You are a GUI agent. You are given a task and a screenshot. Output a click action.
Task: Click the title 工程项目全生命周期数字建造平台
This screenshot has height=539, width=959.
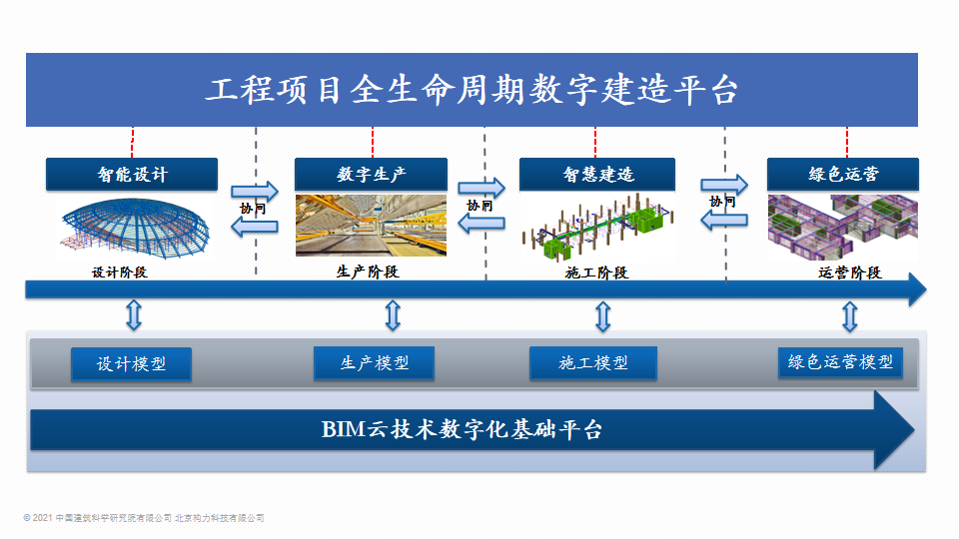pyautogui.click(x=472, y=90)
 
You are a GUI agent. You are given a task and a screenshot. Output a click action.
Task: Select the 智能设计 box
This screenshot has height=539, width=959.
pyautogui.click(x=132, y=175)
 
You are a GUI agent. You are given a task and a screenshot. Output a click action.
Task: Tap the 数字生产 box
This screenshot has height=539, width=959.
pyautogui.click(x=372, y=175)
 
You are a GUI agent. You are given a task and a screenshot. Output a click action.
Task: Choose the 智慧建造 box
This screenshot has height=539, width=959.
pyautogui.click(x=597, y=175)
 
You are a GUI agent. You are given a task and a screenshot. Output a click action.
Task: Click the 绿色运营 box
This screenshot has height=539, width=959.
pyautogui.click(x=843, y=175)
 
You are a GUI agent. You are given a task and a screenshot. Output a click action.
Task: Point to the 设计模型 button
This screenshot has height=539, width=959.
pyautogui.click(x=131, y=364)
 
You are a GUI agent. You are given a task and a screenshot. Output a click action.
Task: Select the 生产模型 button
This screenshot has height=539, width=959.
pyautogui.click(x=374, y=362)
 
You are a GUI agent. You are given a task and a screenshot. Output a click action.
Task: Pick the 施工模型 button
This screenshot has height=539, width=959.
pyautogui.click(x=593, y=363)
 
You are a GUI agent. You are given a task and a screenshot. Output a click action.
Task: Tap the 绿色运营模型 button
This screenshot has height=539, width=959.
pyautogui.click(x=840, y=362)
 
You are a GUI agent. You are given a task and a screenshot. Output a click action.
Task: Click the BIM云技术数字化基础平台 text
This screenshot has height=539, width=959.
pyautogui.click(x=462, y=430)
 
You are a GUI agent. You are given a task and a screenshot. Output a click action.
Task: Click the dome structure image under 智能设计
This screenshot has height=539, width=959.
pyautogui.click(x=134, y=227)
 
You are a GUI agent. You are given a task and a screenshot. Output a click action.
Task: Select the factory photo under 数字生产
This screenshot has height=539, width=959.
pyautogui.click(x=372, y=226)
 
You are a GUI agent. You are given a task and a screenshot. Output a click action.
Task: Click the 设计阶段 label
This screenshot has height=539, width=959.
pyautogui.click(x=120, y=271)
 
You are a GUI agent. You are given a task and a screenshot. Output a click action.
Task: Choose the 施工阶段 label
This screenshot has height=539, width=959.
pyautogui.click(x=597, y=272)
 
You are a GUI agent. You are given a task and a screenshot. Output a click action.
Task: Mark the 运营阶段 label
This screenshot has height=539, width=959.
pyautogui.click(x=849, y=272)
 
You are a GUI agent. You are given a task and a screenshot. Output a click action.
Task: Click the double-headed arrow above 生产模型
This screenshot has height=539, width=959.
pyautogui.click(x=393, y=316)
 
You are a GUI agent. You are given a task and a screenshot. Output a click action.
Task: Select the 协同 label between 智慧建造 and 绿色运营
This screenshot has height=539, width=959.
pyautogui.click(x=722, y=202)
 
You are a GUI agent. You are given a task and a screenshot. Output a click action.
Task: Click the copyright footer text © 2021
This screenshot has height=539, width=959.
pyautogui.click(x=144, y=518)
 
